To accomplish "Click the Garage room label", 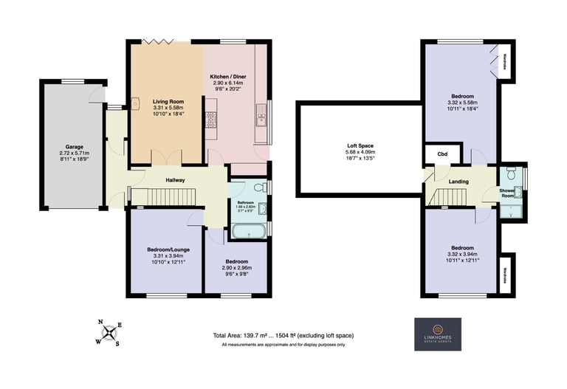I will (73, 147).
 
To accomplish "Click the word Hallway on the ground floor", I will (174, 180).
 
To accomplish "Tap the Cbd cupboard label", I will (442, 154).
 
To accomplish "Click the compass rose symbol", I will (110, 332).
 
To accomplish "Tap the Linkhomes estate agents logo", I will (437, 334).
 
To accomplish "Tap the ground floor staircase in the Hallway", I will (165, 197).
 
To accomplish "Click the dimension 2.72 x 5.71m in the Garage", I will (73, 155).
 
